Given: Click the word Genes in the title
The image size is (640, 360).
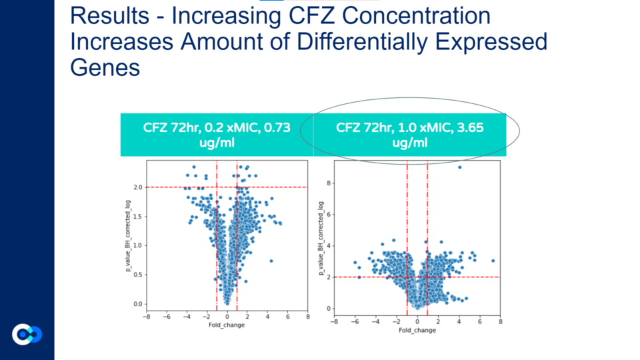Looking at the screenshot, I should tap(105, 67).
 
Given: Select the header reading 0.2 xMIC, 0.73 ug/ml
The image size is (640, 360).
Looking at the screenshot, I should tap(217, 135).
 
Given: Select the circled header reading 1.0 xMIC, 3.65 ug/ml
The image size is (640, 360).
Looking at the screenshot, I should tap(410, 135).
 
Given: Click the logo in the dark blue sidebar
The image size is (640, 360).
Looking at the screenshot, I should tap(27, 335).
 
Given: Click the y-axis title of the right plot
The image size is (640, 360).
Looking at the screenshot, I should tap(320, 237).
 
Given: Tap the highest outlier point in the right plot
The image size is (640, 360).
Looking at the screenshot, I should tap(460, 167).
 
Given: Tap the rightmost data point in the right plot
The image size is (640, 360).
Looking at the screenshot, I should tap(493, 261).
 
